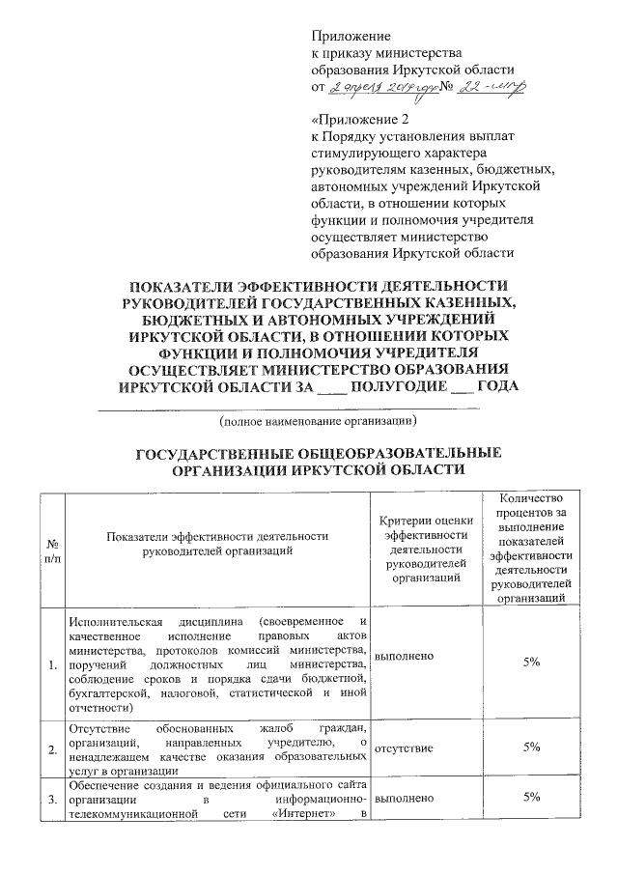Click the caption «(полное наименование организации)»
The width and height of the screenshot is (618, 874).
point(318,422)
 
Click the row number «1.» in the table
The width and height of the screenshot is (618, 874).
point(51,664)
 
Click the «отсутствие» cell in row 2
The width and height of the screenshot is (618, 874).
point(404,747)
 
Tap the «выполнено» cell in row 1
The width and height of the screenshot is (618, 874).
point(403,656)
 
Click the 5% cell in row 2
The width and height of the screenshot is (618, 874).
point(531,747)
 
